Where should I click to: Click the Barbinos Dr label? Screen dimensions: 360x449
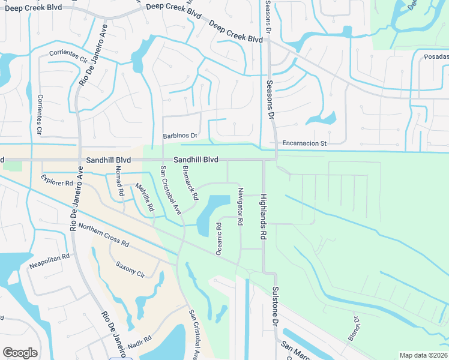pos(180,136)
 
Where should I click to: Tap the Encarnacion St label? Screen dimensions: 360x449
pos(304,144)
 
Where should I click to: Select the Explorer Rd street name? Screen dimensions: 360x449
pos(57,179)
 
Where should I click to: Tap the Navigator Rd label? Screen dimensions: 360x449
pos(239,206)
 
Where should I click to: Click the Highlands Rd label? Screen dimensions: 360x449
pos(263,217)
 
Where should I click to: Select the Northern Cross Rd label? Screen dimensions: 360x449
pos(104,236)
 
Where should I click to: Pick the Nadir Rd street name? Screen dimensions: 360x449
pos(139,343)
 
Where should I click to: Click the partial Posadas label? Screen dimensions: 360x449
pos(436,56)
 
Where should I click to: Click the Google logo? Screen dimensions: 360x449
pos(20,353)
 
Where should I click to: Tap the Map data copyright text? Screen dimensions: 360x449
pos(423,355)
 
